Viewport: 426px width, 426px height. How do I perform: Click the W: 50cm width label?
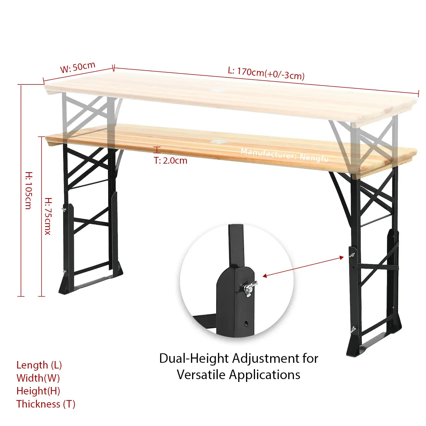click(x=78, y=67)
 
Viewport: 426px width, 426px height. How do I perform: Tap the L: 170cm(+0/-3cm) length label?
click(x=266, y=73)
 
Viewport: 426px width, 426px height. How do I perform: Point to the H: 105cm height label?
click(x=29, y=190)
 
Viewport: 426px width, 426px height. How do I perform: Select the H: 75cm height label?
click(x=48, y=216)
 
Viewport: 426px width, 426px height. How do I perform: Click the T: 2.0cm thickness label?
click(x=170, y=161)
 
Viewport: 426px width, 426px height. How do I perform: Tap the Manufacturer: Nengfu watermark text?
click(x=285, y=155)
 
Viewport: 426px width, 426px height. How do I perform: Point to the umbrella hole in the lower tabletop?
click(x=217, y=141)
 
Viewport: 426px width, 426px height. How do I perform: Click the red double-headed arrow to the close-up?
click(x=303, y=267)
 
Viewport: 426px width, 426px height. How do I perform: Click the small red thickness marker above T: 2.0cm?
click(x=157, y=150)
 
